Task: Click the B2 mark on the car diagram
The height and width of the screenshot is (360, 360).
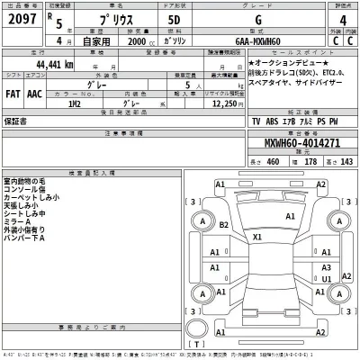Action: point(225,225)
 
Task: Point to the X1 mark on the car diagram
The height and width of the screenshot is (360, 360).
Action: point(258,238)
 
